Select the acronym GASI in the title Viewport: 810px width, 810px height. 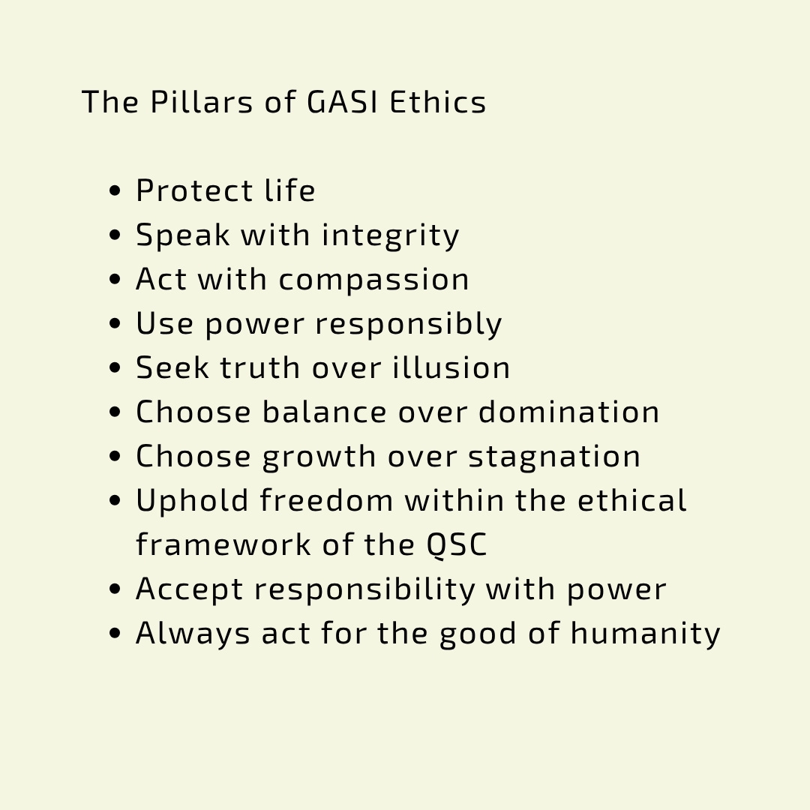pyautogui.click(x=343, y=101)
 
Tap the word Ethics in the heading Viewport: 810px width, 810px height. pyautogui.click(x=437, y=101)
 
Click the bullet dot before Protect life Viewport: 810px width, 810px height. pyautogui.click(x=115, y=191)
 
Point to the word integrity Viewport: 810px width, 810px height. pyautogui.click(x=391, y=236)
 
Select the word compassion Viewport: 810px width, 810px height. pyautogui.click(x=374, y=280)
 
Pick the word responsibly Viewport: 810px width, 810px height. pyautogui.click(x=409, y=325)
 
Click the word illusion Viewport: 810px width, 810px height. pyautogui.click(x=451, y=367)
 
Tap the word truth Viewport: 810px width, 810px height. pyautogui.click(x=260, y=367)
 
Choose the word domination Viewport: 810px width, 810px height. pyautogui.click(x=568, y=412)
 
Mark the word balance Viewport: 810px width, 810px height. pyautogui.click(x=325, y=412)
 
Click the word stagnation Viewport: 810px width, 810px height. pyautogui.click(x=554, y=457)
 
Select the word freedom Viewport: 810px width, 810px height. pyautogui.click(x=326, y=500)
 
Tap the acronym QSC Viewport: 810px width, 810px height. pyautogui.click(x=457, y=545)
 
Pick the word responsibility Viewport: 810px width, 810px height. pyautogui.click(x=364, y=590)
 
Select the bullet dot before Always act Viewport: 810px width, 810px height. pyautogui.click(x=115, y=634)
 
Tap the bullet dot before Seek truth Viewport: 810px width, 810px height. pyautogui.click(x=115, y=368)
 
